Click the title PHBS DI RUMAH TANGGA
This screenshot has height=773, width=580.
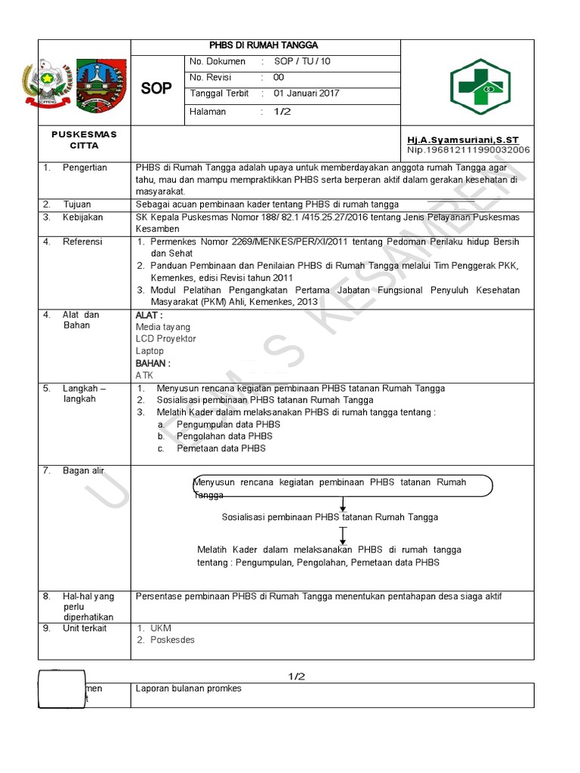(x=264, y=45)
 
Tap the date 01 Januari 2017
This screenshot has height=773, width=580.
(x=306, y=94)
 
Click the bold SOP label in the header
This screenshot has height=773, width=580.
(x=156, y=88)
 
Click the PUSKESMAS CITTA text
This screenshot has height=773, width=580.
(x=84, y=140)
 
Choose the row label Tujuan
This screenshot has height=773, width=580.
(x=77, y=204)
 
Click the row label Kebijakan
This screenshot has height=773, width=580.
(x=84, y=217)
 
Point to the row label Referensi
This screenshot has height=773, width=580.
(x=83, y=242)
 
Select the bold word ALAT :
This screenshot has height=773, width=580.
(x=149, y=315)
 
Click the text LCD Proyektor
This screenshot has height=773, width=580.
(x=165, y=339)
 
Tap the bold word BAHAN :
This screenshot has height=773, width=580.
(x=153, y=363)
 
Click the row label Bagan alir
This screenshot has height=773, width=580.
(x=83, y=470)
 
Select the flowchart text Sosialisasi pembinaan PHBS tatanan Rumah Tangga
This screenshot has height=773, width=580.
(x=330, y=517)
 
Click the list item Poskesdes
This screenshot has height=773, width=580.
(x=172, y=639)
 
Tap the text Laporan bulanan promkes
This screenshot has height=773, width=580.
(x=188, y=688)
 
